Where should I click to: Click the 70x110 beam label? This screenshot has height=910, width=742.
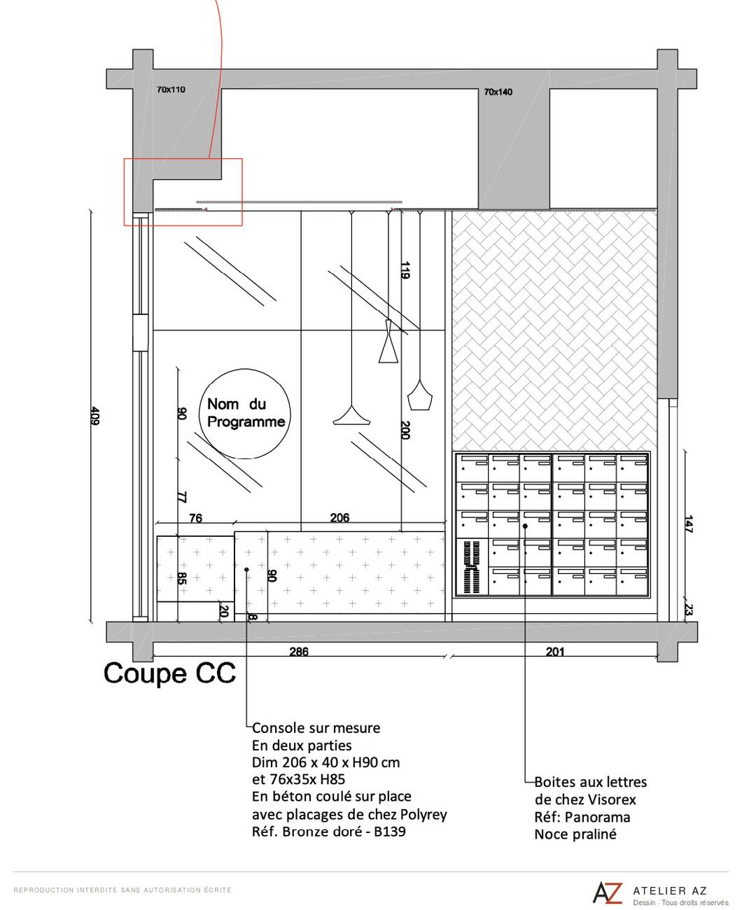click(x=171, y=90)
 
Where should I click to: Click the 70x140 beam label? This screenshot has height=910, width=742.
click(x=498, y=92)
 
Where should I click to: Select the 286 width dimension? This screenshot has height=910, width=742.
click(x=298, y=651)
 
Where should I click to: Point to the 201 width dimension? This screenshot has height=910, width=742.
click(x=555, y=651)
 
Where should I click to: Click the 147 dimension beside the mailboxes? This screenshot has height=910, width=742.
click(x=688, y=524)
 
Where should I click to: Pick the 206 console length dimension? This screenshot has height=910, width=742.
click(x=339, y=517)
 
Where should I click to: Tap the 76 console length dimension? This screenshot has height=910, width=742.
click(x=195, y=518)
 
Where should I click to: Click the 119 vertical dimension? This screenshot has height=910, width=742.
click(x=405, y=270)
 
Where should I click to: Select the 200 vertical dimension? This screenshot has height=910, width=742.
click(x=405, y=430)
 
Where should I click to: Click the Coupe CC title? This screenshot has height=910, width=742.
click(x=169, y=673)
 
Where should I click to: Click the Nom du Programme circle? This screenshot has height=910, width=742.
click(x=244, y=414)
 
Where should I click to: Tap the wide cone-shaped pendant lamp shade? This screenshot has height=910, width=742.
click(x=351, y=416)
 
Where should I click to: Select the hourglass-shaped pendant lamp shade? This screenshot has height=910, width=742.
click(x=388, y=341)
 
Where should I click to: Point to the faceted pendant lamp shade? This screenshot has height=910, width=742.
click(x=419, y=395)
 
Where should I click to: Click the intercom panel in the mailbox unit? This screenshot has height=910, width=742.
click(x=472, y=566)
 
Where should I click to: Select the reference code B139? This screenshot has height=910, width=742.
click(x=389, y=832)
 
